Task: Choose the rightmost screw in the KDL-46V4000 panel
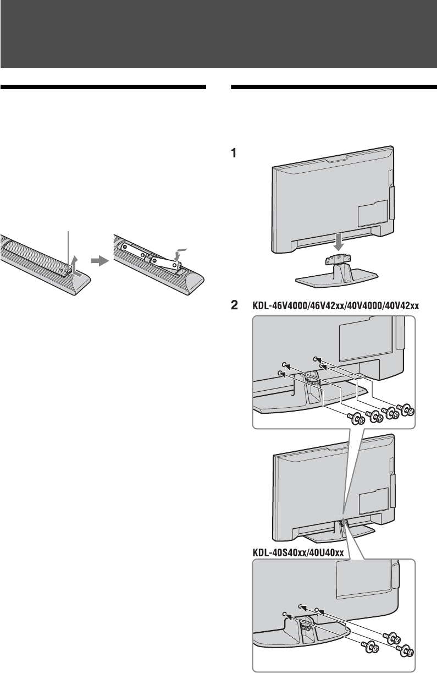pos(408,411)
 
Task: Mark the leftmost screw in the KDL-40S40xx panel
pos(370,644)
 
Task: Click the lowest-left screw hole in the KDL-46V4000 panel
pos(281,374)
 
